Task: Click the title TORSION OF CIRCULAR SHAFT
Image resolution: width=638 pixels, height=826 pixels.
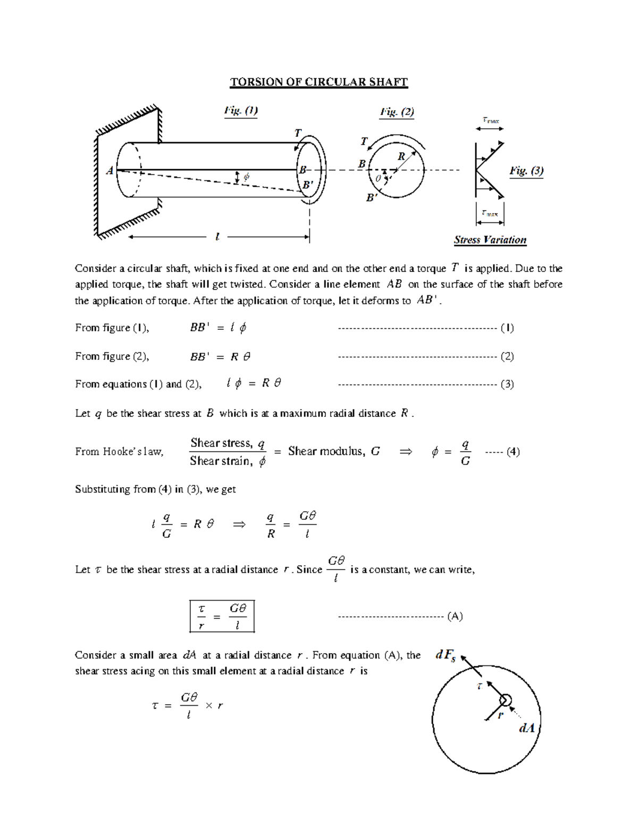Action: [x=318, y=82]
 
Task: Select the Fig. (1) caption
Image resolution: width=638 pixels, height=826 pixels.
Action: [x=241, y=111]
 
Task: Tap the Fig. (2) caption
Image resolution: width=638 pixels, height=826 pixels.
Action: [x=397, y=112]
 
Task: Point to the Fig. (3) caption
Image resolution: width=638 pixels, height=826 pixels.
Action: [x=526, y=171]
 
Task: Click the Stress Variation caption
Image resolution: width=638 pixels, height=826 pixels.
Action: [x=490, y=240]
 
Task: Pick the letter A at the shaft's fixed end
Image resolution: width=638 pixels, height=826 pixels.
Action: [x=110, y=171]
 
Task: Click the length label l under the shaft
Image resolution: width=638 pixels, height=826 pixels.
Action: [x=217, y=237]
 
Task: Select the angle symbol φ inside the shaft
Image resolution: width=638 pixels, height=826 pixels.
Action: [x=246, y=177]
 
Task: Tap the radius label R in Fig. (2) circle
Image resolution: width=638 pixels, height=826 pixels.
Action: [x=401, y=156]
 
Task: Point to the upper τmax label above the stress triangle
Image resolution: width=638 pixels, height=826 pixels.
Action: [x=490, y=121]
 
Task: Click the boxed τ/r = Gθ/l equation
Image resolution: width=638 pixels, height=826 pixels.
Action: [x=222, y=616]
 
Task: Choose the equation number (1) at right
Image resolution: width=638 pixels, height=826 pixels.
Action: [x=507, y=328]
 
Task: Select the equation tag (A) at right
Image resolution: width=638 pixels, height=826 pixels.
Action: [x=455, y=616]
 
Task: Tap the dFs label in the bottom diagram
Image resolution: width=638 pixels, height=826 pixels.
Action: [x=446, y=656]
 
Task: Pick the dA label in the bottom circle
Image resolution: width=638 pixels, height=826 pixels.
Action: [x=526, y=728]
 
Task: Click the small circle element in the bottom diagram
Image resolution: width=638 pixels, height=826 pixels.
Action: [x=505, y=700]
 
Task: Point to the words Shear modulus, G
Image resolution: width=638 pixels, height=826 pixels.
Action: [x=334, y=452]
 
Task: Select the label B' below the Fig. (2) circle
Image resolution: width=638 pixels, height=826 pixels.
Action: [x=372, y=198]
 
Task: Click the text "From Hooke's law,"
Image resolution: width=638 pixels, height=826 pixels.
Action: [x=119, y=452]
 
